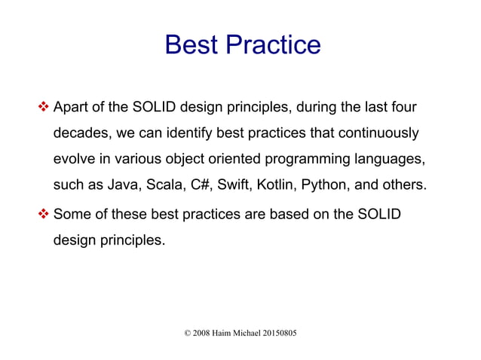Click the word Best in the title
[190, 45]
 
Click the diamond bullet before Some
[44, 215]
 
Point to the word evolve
[73, 159]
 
